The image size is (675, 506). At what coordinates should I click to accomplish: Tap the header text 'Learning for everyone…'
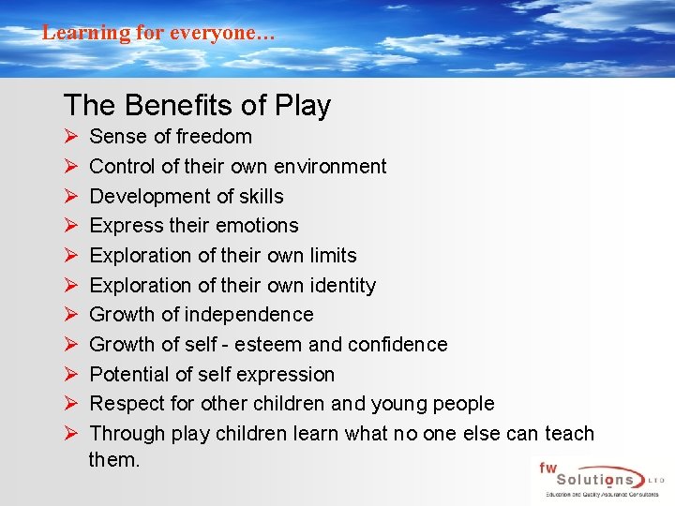(158, 33)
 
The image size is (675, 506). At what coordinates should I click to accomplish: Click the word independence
(248, 315)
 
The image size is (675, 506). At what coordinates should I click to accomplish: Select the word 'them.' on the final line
(114, 460)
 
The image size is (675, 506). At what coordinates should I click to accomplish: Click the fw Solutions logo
(598, 481)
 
